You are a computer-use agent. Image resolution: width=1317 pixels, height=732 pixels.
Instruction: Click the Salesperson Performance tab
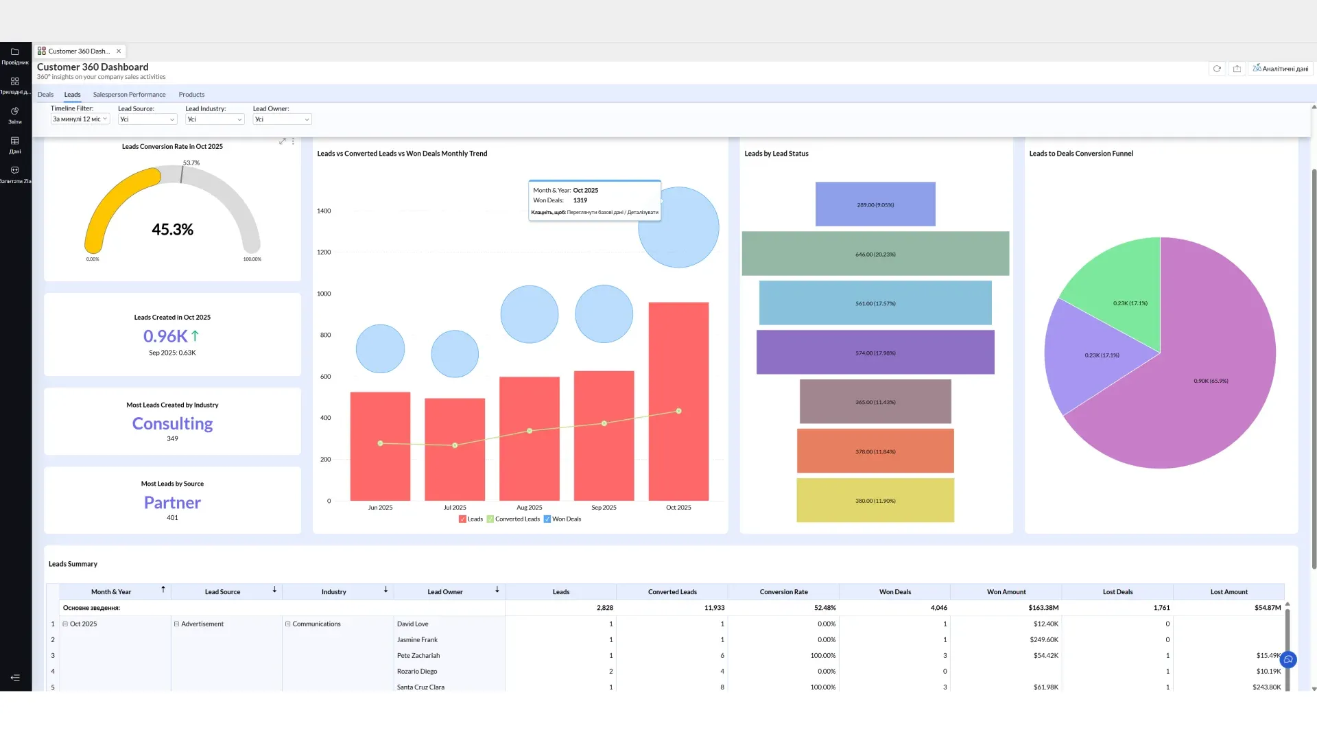coord(129,95)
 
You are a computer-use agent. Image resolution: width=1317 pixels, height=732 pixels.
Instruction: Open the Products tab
coord(191,95)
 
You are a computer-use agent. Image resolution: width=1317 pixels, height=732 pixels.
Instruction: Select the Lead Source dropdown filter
coord(147,119)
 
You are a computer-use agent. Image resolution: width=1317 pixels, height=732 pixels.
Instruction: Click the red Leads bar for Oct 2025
coord(678,401)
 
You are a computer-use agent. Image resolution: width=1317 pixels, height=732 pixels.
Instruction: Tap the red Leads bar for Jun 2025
coord(380,447)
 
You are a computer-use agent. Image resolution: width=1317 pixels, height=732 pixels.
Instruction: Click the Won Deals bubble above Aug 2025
coord(530,314)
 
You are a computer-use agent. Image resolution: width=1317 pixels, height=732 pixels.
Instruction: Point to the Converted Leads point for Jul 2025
coord(455,445)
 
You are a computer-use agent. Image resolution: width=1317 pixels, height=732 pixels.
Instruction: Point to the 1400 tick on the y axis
coord(324,211)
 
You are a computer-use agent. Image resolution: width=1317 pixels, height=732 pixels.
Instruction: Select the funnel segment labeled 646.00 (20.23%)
coord(875,254)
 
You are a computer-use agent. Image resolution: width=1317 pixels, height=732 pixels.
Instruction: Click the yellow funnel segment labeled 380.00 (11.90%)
coord(875,501)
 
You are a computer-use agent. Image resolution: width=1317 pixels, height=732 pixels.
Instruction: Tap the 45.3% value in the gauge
coord(172,230)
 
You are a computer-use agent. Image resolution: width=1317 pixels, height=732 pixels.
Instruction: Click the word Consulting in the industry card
coord(172,424)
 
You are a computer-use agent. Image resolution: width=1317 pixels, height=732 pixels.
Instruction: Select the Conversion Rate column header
coord(783,592)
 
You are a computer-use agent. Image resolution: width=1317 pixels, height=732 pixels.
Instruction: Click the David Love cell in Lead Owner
coord(412,624)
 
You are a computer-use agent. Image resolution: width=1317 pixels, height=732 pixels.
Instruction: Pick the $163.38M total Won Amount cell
coord(1043,608)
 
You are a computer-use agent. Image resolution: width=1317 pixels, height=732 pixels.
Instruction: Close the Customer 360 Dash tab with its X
coord(119,51)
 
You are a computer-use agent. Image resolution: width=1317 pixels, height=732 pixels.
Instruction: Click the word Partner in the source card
coord(172,503)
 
